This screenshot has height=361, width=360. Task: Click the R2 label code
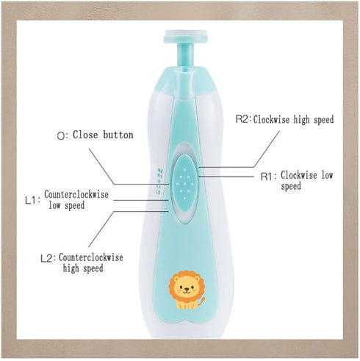pyautogui.click(x=242, y=119)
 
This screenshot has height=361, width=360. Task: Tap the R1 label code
pyautogui.click(x=267, y=176)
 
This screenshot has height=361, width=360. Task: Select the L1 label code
pyautogui.click(x=31, y=201)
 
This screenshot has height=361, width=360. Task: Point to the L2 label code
pyautogui.click(x=46, y=259)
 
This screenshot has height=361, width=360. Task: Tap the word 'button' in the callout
pyautogui.click(x=118, y=135)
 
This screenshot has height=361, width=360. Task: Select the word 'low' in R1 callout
pyautogui.click(x=327, y=175)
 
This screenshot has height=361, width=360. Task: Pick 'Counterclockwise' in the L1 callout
pyautogui.click(x=76, y=195)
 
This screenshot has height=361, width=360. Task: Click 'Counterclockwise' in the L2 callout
pyautogui.click(x=91, y=257)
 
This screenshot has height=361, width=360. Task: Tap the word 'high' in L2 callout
pyautogui.click(x=71, y=268)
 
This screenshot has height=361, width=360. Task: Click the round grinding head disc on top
pyautogui.click(x=185, y=36)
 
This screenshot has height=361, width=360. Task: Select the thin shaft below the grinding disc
pyautogui.click(x=185, y=55)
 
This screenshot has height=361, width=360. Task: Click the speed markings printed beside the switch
pyautogui.click(x=159, y=181)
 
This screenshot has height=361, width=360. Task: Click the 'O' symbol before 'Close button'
pyautogui.click(x=60, y=136)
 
